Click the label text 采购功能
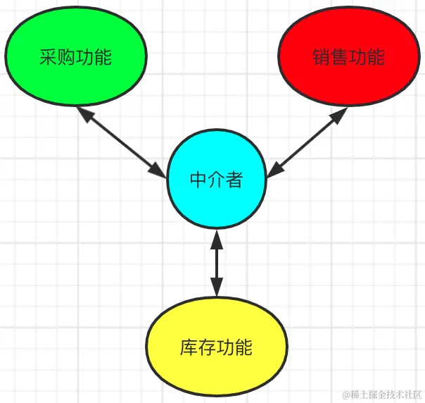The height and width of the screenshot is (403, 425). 75,57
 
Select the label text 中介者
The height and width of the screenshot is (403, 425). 217,180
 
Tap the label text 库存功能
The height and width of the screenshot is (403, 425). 217,347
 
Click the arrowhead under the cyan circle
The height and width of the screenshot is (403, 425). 217,240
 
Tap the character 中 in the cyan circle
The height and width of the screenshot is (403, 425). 198,180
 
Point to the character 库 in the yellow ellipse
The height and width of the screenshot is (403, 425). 189,347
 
